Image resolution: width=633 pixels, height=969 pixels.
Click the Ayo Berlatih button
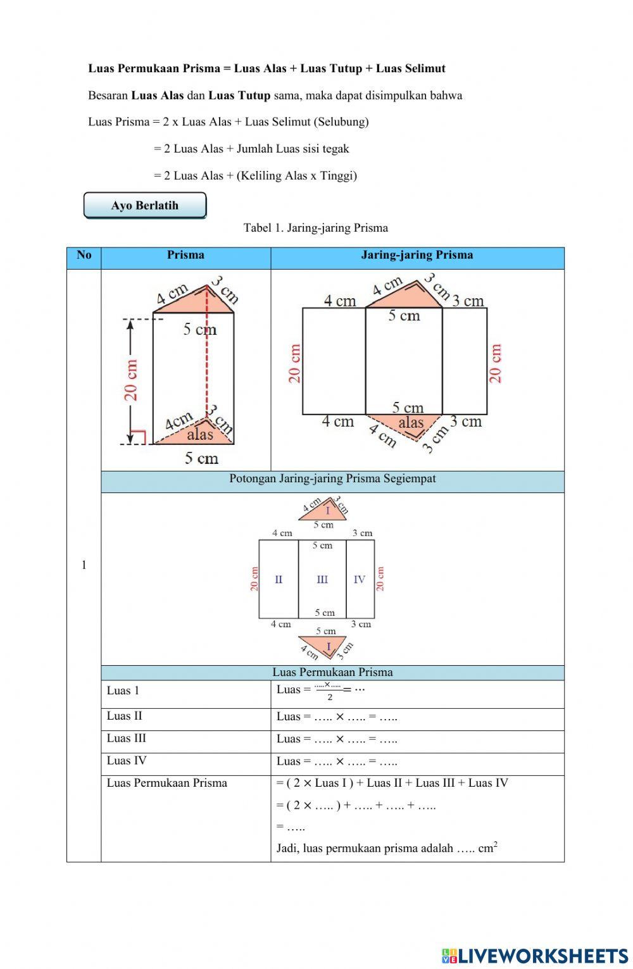tap(145, 206)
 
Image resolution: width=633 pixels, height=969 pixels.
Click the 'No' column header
tap(84, 255)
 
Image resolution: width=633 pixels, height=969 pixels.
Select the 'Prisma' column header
tap(185, 255)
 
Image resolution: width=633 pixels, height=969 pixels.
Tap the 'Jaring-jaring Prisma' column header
tap(417, 255)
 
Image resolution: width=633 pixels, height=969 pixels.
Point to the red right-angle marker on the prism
tap(139, 437)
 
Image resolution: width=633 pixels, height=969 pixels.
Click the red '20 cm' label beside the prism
tap(131, 380)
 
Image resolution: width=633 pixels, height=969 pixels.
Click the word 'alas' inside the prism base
tap(200, 434)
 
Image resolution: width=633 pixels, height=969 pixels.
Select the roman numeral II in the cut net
tap(279, 579)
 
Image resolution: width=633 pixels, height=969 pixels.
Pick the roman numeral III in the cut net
tap(322, 579)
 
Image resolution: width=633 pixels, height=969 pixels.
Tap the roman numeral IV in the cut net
tap(360, 579)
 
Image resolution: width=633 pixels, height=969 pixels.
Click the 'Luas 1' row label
tap(123, 691)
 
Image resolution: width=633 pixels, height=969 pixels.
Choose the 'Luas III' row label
tap(126, 738)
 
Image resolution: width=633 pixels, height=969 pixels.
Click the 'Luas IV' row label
tap(126, 761)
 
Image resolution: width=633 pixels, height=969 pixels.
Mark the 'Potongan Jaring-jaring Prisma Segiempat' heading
tap(332, 478)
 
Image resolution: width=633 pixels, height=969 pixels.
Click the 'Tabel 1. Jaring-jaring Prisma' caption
tap(316, 228)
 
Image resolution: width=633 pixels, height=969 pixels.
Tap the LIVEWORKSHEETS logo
tap(535, 955)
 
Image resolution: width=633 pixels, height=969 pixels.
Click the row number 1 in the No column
tap(84, 565)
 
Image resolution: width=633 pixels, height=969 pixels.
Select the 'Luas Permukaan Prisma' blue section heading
tap(332, 672)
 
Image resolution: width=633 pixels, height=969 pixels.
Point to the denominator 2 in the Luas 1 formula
tap(330, 697)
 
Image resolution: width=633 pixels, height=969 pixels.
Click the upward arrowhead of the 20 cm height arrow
tap(130, 325)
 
